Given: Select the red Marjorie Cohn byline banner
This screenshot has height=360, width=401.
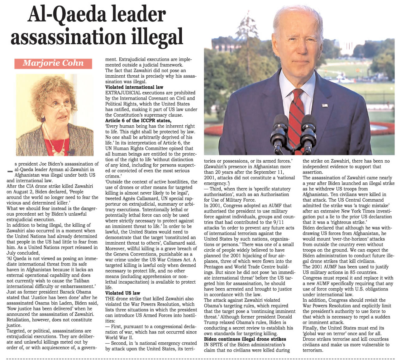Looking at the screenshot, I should pos(53,64).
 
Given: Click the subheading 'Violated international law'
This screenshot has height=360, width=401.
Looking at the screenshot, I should pos(134,87).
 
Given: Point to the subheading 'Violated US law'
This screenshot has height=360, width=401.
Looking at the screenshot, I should pos(123,293).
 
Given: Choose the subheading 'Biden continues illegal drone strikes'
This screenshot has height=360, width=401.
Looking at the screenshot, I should pos(245,339).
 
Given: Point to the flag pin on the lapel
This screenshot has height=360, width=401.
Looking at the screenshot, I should pos(324,105).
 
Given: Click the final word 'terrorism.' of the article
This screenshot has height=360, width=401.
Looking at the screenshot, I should pos(313,350).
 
